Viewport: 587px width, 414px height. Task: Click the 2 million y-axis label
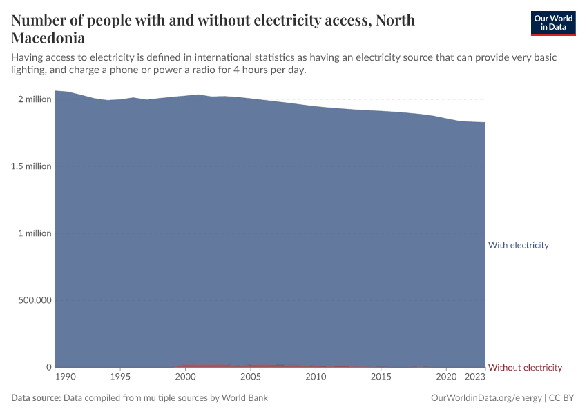click(35, 99)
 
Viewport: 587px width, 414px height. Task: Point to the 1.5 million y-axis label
click(32, 166)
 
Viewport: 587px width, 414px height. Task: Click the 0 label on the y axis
click(48, 367)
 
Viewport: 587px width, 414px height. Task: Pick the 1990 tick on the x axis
click(65, 377)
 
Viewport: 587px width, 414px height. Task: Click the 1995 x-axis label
click(120, 377)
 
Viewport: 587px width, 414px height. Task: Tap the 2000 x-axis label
click(185, 377)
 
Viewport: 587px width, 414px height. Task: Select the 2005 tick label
click(251, 377)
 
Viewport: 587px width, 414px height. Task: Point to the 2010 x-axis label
click(316, 377)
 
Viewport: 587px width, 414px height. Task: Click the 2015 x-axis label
click(381, 377)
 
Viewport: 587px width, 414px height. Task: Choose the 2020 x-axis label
click(447, 377)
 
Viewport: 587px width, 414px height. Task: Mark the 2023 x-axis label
click(475, 377)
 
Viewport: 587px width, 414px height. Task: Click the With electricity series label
click(518, 245)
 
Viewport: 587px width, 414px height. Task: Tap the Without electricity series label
click(525, 367)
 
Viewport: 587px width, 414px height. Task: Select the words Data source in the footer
click(36, 398)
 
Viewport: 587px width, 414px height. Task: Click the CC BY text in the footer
click(562, 398)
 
